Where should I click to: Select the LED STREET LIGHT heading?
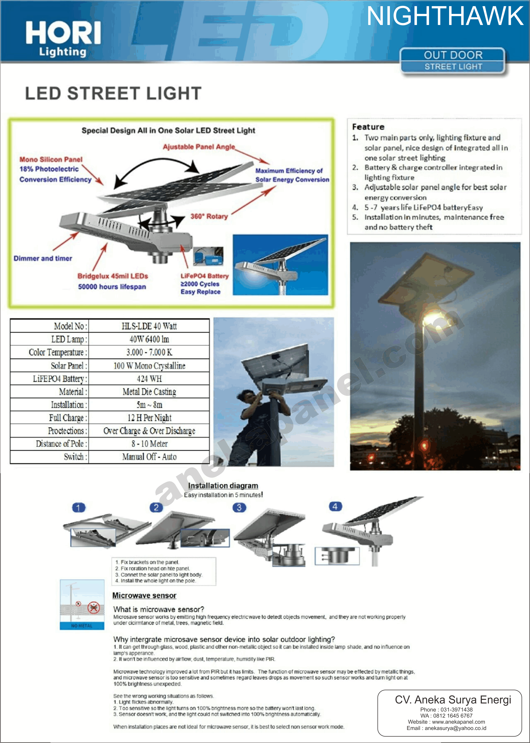(113, 94)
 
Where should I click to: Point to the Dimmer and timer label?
(43, 259)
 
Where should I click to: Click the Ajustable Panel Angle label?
(199, 147)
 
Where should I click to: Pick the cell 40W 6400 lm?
(149, 339)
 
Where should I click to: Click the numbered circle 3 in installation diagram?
(239, 508)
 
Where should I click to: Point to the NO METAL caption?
(82, 626)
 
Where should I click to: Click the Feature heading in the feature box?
(368, 127)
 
